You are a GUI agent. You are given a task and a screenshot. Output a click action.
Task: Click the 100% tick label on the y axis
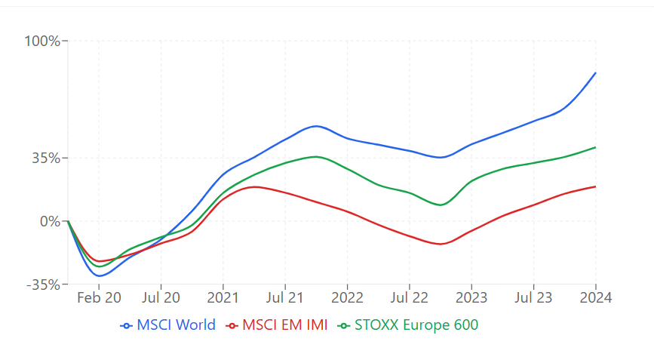(x=42, y=40)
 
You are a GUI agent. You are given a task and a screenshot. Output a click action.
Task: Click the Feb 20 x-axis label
(x=99, y=297)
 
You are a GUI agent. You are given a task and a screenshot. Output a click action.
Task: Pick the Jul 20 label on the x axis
(x=161, y=297)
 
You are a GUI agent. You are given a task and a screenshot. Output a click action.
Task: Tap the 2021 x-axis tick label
(x=223, y=297)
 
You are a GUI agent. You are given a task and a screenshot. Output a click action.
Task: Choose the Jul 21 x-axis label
(x=286, y=297)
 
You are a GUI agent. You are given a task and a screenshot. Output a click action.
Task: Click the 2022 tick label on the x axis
(x=348, y=297)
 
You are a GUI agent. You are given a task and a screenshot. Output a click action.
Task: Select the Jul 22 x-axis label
(x=409, y=297)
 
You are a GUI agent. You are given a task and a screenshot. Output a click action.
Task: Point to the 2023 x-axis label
(x=471, y=297)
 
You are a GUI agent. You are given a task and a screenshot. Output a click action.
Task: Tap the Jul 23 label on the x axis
(x=533, y=297)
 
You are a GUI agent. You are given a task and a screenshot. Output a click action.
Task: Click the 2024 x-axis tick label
(x=596, y=297)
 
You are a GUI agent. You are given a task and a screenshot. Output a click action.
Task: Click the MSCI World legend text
(x=176, y=325)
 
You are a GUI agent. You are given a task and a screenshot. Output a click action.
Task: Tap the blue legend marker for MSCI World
(x=126, y=326)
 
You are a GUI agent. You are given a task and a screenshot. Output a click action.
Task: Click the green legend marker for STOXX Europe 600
(x=345, y=326)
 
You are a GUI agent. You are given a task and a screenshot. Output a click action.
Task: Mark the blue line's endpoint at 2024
(x=596, y=73)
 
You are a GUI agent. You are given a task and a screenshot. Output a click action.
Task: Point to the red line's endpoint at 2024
(x=596, y=186)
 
